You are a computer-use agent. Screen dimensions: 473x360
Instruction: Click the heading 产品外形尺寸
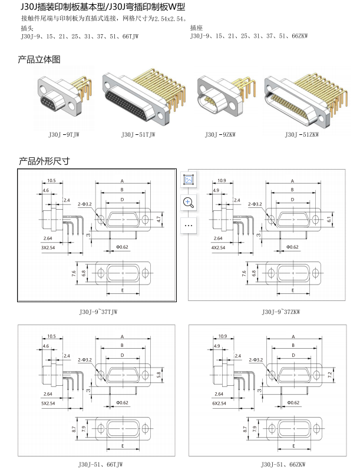tap(44, 160)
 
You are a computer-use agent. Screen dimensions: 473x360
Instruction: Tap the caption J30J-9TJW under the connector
tap(64, 135)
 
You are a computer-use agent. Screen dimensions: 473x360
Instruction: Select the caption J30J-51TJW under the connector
tap(139, 135)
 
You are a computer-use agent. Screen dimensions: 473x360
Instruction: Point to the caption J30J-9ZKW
tap(219, 135)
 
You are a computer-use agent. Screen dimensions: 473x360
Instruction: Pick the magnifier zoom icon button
tap(189, 202)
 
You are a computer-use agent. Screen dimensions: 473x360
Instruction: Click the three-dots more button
tap(189, 224)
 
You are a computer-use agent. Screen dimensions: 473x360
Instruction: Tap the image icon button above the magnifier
tap(189, 180)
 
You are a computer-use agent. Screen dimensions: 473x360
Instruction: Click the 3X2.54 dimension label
tap(48, 247)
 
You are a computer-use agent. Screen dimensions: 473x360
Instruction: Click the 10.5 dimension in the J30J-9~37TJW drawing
tap(51, 180)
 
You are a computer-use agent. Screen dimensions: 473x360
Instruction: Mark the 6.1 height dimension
tap(329, 219)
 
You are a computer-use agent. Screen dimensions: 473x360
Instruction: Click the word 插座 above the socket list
tap(196, 28)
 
